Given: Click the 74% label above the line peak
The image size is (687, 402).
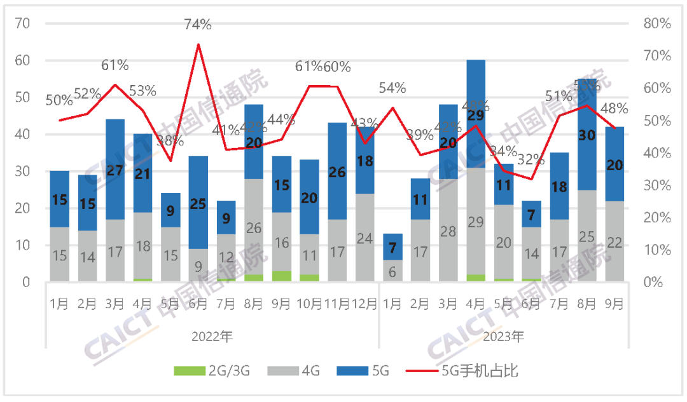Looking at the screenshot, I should pos(198,25).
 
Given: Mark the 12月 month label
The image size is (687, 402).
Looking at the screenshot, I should pos(365,304).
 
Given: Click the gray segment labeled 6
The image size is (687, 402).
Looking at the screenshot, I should pos(392,271).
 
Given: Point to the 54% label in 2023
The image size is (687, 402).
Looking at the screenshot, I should pos(392,88).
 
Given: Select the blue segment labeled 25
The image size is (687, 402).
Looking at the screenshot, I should pos(198,203).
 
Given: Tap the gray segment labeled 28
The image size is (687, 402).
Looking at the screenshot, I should pos(448,231).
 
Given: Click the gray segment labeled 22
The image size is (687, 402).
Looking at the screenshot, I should pos(614,241).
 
